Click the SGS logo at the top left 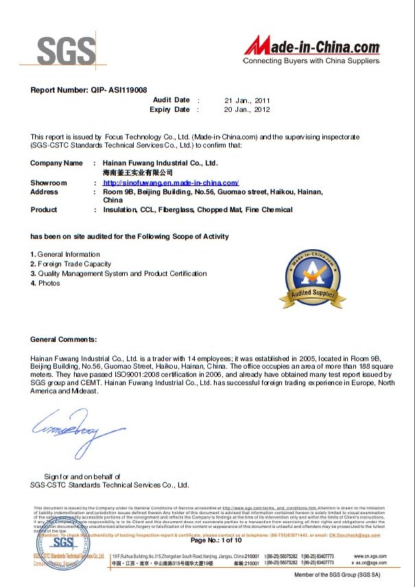[x=67, y=49]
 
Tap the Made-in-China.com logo [x=312, y=49]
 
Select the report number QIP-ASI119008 [x=88, y=90]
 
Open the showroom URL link [x=170, y=183]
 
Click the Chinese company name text [x=137, y=173]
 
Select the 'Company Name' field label [x=56, y=163]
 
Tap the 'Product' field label [x=44, y=209]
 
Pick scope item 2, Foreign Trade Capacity [x=71, y=264]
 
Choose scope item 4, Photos [x=45, y=283]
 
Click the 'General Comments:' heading [x=64, y=339]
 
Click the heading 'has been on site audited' [x=130, y=236]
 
